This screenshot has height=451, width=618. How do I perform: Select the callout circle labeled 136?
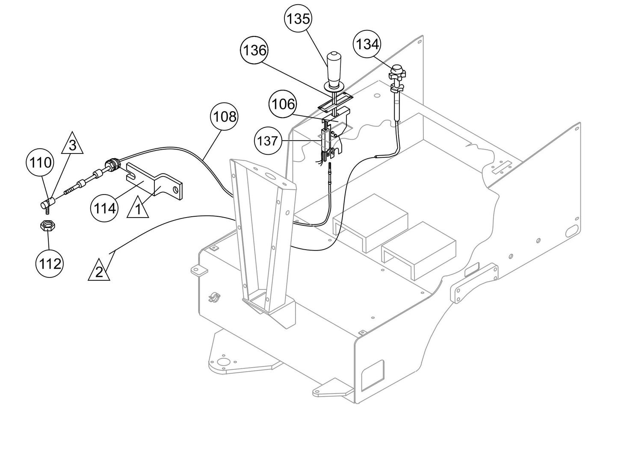(254, 50)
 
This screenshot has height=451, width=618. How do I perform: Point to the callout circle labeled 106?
(282, 104)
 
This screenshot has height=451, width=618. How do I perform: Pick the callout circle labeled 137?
(268, 141)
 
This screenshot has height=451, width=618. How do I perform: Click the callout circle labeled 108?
(224, 116)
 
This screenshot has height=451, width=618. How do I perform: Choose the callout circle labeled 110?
(40, 162)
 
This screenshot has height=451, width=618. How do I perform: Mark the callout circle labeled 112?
(49, 264)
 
